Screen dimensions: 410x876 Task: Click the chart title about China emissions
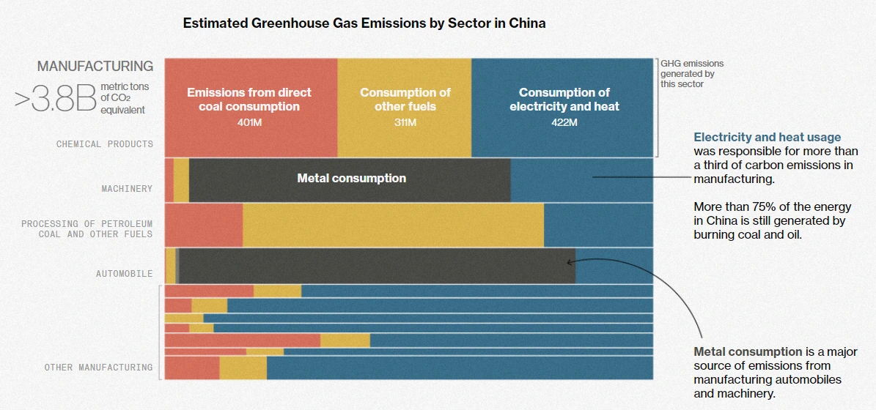point(364,23)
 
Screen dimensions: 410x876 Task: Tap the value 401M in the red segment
point(249,122)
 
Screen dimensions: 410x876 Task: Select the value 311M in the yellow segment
point(405,122)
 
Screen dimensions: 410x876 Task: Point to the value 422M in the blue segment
point(564,122)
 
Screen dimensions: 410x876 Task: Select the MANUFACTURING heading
point(95,66)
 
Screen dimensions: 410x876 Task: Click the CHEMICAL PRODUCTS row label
point(105,144)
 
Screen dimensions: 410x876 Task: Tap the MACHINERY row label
point(127,189)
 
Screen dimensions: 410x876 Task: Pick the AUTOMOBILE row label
point(124,274)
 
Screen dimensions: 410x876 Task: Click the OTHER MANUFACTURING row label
point(98,368)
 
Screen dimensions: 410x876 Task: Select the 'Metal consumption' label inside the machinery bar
point(351,178)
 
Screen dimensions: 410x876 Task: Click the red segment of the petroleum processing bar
point(203,225)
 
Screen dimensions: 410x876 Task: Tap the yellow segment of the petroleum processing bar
point(393,225)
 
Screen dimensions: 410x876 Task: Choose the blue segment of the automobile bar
point(614,266)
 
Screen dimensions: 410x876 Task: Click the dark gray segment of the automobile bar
point(377,266)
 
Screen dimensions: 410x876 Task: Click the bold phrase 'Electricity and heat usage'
point(767,137)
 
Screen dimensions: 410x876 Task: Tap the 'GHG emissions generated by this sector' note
point(691,74)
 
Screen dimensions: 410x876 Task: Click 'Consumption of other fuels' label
point(405,100)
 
